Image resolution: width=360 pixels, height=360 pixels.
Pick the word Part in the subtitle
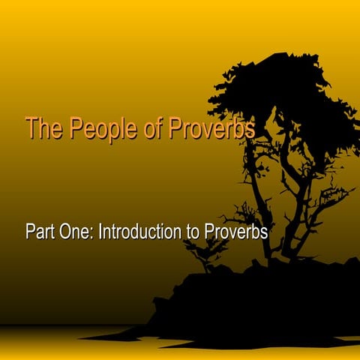[x=40, y=232]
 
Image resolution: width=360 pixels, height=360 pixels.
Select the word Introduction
[x=142, y=232]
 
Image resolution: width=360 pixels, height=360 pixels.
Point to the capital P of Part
[x=30, y=232]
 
